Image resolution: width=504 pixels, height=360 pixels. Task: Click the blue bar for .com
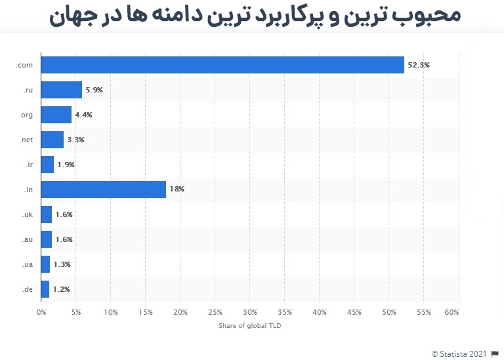click(222, 65)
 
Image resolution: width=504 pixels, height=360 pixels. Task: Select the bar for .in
click(103, 190)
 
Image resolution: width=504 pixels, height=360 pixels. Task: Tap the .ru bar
click(62, 90)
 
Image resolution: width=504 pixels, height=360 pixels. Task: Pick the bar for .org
click(56, 115)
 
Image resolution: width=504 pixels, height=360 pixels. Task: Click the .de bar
click(45, 289)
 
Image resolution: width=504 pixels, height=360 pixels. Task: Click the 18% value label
click(177, 190)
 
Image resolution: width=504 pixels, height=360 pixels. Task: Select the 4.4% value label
click(84, 115)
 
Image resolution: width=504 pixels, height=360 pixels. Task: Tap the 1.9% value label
click(66, 165)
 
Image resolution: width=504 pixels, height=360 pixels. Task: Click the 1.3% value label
click(62, 264)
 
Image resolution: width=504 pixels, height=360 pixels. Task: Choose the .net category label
click(27, 140)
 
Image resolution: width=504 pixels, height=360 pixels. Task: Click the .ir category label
click(30, 165)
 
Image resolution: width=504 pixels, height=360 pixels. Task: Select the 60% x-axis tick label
click(451, 312)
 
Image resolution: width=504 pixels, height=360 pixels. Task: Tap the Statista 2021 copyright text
click(460, 354)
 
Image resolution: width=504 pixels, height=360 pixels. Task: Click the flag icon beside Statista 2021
click(495, 354)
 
